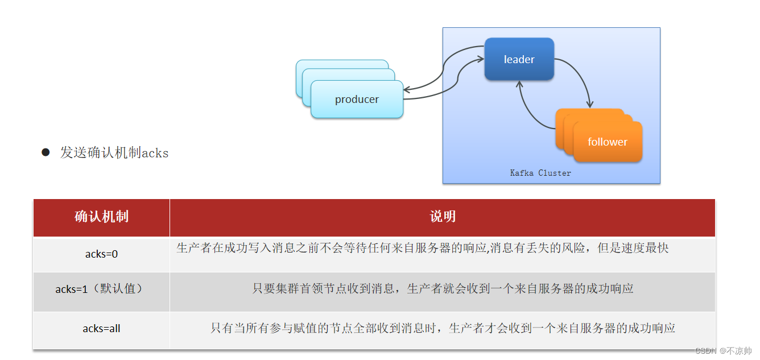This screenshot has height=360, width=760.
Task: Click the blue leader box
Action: click(519, 59)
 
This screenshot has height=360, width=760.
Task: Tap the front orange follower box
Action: click(608, 142)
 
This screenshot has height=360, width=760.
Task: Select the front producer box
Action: click(357, 100)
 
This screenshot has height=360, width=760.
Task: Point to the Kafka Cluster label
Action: click(540, 173)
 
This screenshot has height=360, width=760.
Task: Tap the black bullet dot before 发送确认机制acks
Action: click(46, 152)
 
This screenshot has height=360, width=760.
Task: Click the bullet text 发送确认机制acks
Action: click(114, 152)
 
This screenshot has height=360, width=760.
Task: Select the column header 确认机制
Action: click(101, 217)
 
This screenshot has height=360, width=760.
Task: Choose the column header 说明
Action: click(442, 217)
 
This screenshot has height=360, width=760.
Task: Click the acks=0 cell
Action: click(101, 254)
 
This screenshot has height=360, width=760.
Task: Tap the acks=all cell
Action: click(101, 329)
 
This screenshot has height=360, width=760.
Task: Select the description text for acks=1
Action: click(443, 289)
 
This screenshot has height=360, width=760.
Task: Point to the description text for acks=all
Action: click(443, 328)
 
